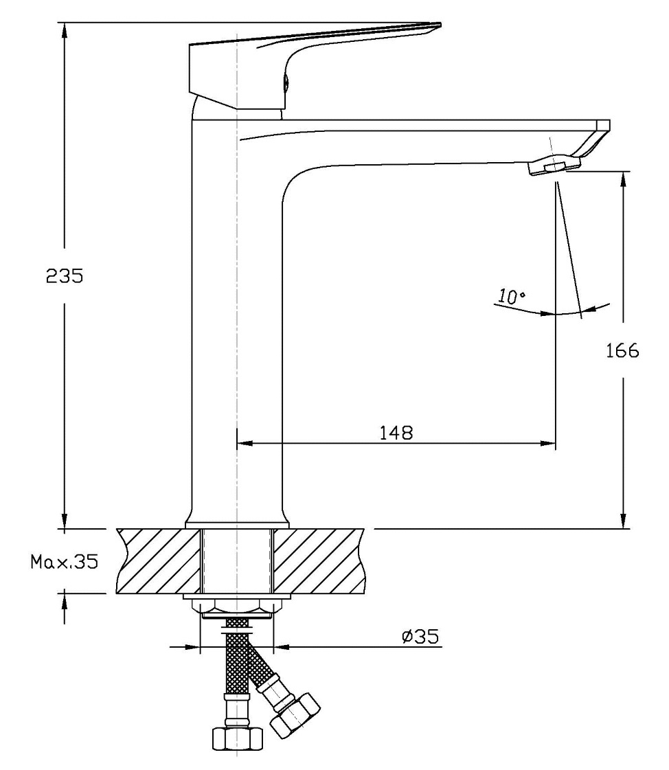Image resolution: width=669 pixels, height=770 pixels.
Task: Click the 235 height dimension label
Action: (x=64, y=276)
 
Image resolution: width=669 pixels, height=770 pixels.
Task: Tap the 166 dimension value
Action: (x=622, y=351)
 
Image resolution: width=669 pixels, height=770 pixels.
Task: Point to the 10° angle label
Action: (x=511, y=297)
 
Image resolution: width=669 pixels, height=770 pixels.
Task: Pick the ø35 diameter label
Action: (x=420, y=637)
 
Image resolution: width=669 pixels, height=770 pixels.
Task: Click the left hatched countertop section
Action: (x=158, y=560)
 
